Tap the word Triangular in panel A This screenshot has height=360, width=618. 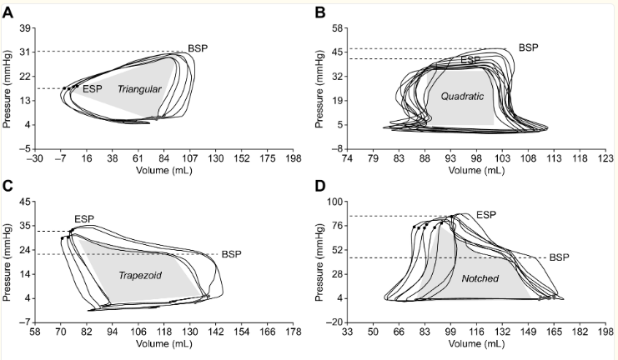139,89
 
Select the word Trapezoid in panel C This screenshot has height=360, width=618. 140,274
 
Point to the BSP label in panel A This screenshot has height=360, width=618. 198,47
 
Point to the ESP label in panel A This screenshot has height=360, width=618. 93,87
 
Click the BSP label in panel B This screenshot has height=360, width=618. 528,47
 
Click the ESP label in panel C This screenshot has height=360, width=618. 84,219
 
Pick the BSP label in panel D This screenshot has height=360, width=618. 558,258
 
